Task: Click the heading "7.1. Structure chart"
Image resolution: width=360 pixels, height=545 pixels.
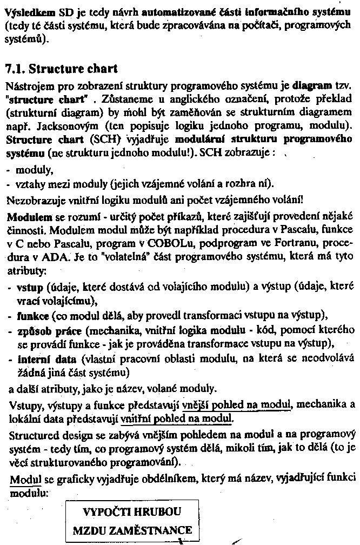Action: pos(61,69)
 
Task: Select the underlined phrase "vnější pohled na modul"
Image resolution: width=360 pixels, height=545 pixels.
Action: pos(229,404)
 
